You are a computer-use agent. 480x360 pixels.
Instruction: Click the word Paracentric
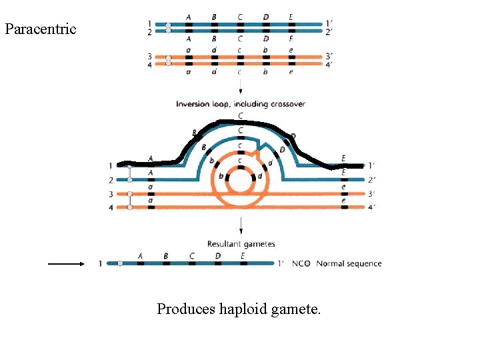41,29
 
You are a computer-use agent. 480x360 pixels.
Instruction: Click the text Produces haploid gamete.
239,309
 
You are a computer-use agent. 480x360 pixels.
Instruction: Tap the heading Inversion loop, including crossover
241,104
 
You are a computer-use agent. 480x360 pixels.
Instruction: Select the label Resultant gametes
241,245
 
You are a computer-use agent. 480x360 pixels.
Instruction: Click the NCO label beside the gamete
301,263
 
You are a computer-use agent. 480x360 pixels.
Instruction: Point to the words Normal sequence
349,263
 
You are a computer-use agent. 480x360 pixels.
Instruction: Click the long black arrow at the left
65,263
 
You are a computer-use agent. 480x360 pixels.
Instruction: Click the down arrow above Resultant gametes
240,229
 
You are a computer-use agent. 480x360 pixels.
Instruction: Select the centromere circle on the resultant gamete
120,263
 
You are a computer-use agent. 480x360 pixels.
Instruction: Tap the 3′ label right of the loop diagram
371,193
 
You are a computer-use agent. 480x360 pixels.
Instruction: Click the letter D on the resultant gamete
218,255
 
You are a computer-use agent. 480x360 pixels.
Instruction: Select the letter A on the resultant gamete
140,255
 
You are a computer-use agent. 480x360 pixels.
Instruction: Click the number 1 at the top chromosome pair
149,24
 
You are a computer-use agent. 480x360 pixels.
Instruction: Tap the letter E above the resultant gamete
243,255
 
